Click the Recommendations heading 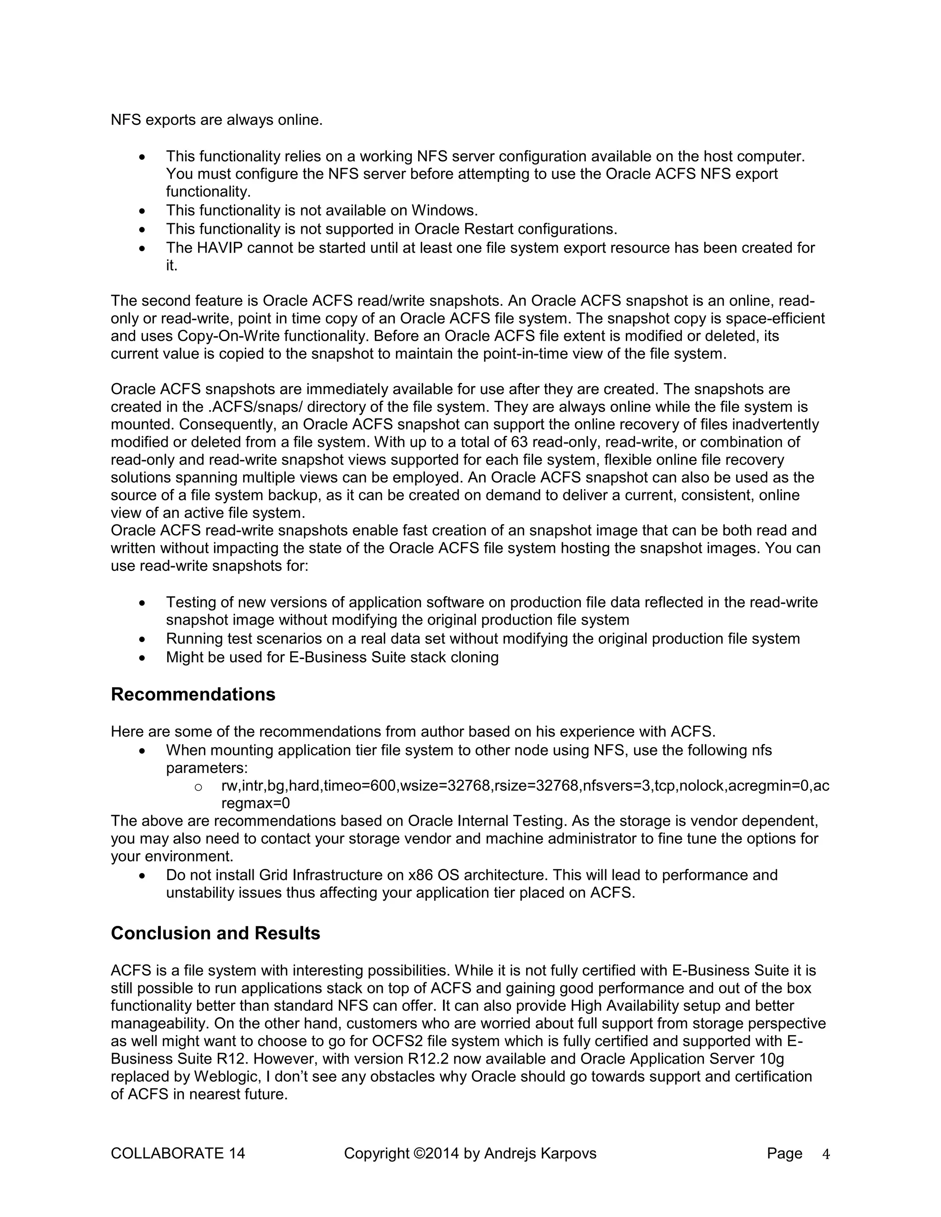click(193, 694)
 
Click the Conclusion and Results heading click(215, 933)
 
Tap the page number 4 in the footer click(826, 1154)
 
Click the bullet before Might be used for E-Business click(143, 658)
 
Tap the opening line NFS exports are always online click(216, 120)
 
